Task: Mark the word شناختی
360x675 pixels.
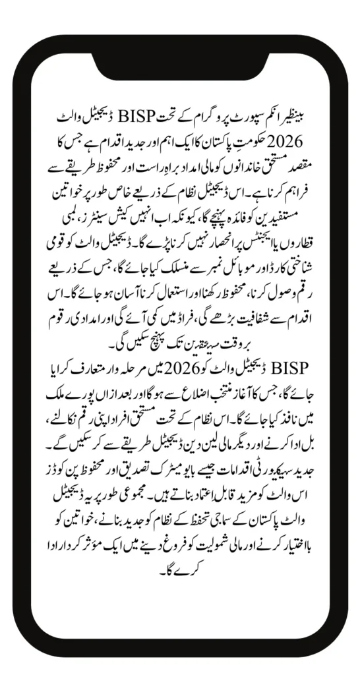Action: pos(293,258)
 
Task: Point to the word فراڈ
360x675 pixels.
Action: pos(177,305)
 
